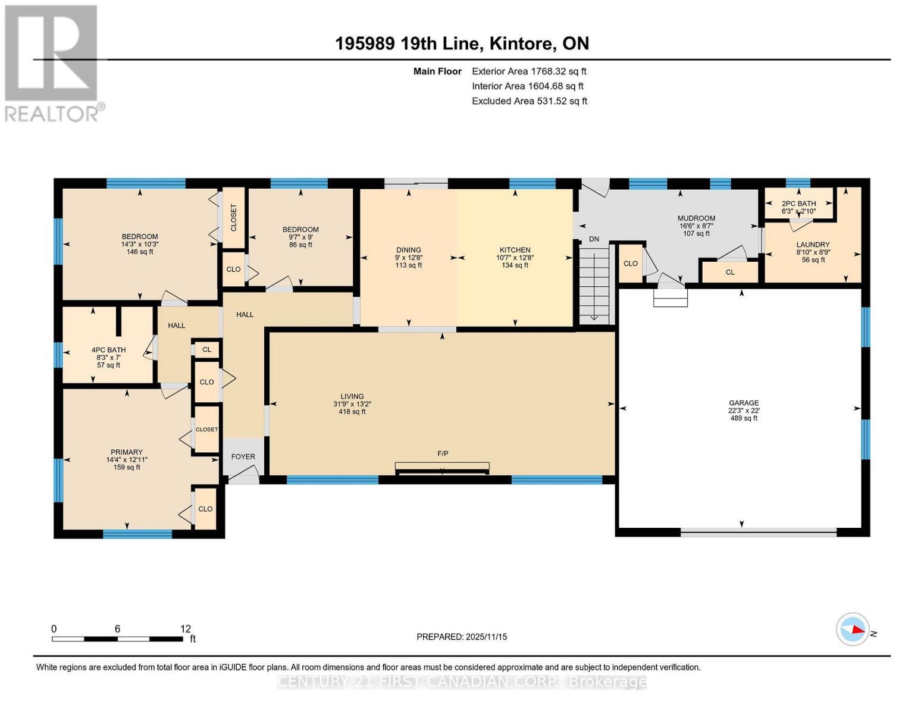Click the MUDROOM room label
click(696, 218)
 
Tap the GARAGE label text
click(743, 403)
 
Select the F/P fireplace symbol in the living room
click(442, 468)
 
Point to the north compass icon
click(853, 629)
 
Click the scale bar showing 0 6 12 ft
click(117, 638)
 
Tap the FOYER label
click(243, 457)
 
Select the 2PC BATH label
click(798, 203)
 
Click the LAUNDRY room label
click(813, 245)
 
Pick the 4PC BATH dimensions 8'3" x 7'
click(108, 358)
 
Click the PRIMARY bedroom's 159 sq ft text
click(127, 467)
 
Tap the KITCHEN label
click(515, 250)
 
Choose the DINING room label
click(409, 250)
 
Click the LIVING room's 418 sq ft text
click(352, 412)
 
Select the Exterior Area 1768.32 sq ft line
click(528, 71)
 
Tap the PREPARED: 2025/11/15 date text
click(462, 637)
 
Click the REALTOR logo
click(52, 62)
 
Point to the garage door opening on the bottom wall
click(759, 534)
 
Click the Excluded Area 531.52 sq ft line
click(529, 101)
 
